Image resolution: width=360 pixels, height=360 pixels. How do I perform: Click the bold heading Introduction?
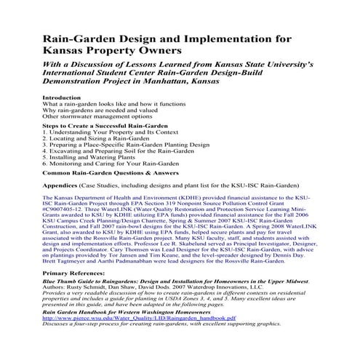point(63,97)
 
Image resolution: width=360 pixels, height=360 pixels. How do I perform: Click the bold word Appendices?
point(64,187)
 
